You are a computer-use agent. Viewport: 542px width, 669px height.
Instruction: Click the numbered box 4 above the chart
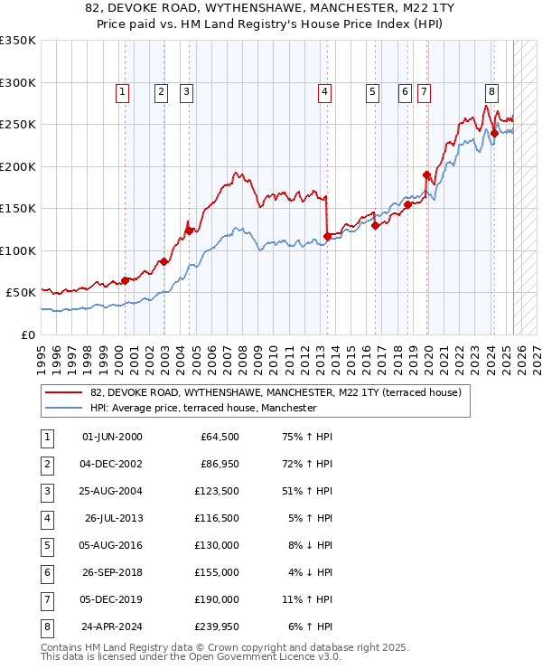(323, 90)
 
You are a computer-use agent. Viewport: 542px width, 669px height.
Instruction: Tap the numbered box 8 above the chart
(491, 90)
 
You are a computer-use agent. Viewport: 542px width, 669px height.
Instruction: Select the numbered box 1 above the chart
(122, 90)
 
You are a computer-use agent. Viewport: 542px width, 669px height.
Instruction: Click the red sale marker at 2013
(327, 237)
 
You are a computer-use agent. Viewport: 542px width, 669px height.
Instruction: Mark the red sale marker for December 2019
(426, 174)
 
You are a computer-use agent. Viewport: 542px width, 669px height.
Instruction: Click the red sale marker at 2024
(494, 133)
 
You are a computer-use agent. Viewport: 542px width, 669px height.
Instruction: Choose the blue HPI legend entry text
(203, 408)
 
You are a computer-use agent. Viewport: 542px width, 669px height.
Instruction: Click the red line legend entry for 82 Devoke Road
(276, 392)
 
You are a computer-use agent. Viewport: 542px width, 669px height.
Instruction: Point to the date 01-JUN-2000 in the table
(113, 437)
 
